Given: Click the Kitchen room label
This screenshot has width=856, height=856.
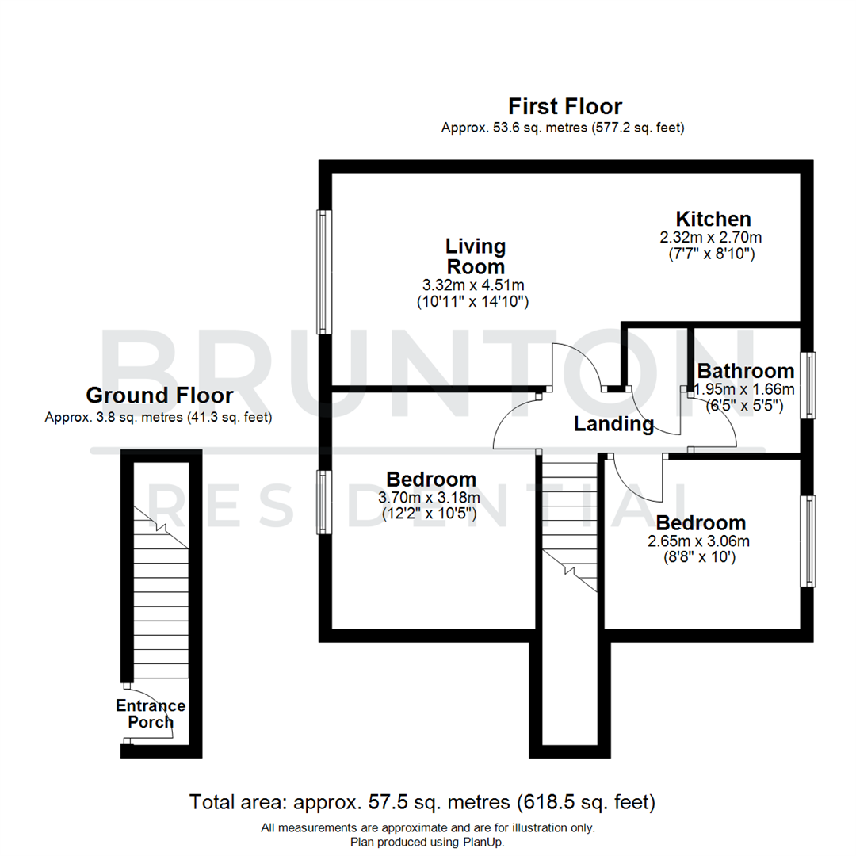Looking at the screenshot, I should pos(713,219).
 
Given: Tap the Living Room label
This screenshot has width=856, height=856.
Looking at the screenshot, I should pos(475,256).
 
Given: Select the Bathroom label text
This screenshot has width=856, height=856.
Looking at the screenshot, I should pos(745,371).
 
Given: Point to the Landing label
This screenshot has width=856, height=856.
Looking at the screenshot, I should pos(614,424).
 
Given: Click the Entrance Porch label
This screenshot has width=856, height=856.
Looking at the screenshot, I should pos(151,714).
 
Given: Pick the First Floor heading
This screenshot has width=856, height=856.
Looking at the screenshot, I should pos(564,106).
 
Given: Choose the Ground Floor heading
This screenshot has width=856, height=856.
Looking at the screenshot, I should pos(159,396).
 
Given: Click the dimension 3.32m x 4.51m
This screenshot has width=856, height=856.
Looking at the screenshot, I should pos(474,285).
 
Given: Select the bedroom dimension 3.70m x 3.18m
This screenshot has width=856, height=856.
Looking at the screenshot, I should pos(430,498).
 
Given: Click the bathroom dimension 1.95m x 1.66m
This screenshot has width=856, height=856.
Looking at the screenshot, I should pos(743,389).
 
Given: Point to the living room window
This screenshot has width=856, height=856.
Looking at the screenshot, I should pos(323,271).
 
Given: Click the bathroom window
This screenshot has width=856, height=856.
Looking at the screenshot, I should pos(808,385).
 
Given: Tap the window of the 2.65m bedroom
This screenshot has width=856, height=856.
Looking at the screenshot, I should pos(808,541).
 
